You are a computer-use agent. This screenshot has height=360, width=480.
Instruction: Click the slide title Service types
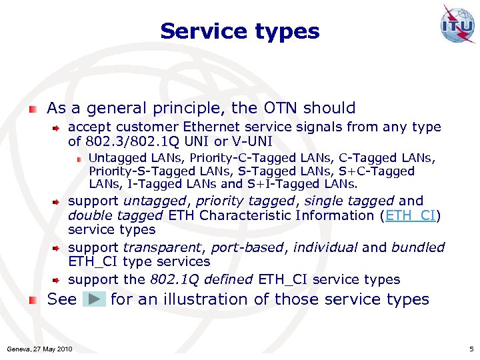239,31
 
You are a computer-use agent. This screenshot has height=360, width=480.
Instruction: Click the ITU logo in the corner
457,25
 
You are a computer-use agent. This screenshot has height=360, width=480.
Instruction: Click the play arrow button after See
94,299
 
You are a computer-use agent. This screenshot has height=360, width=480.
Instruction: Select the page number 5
471,349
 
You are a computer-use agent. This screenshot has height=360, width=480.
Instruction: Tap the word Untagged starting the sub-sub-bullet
112,158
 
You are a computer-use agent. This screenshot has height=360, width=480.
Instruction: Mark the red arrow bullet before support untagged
58,201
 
